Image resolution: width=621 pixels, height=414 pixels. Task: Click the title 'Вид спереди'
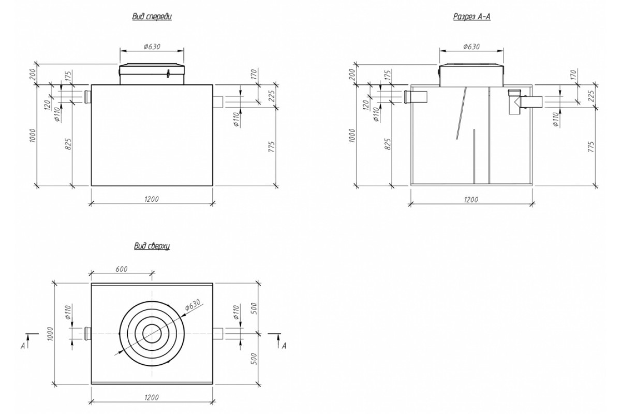[x=152, y=17]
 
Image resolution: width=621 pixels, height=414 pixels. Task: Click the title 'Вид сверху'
[x=152, y=246]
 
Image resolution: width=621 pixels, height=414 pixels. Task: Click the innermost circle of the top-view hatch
[x=152, y=333]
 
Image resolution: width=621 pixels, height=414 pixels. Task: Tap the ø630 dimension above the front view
[x=152, y=46]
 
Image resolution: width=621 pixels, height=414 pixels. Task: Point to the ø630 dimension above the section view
[x=471, y=46]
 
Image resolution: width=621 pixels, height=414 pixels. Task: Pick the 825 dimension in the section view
[x=388, y=143]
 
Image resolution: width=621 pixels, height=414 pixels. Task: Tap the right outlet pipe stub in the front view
[x=217, y=102]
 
